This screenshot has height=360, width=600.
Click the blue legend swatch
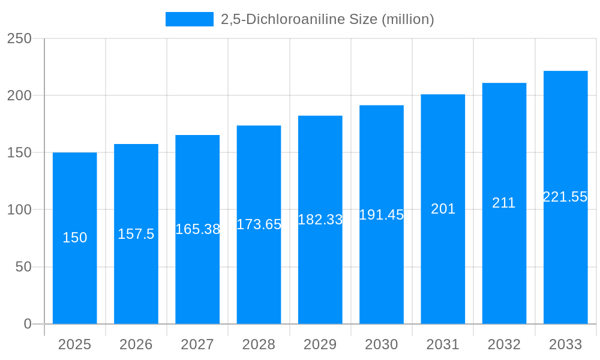[x=189, y=19]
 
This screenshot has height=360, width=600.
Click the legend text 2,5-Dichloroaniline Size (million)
[x=327, y=19]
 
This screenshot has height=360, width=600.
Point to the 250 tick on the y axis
[x=20, y=38]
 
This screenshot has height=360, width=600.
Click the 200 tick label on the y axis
[x=20, y=95]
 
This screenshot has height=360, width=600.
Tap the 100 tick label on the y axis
[x=20, y=210]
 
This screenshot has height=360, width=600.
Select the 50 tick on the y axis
[x=23, y=267]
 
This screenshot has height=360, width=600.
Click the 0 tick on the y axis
[x=28, y=324]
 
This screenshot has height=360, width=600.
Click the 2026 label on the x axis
[x=136, y=344]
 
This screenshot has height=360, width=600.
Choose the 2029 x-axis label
[x=320, y=344]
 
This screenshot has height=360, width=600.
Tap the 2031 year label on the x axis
[x=443, y=344]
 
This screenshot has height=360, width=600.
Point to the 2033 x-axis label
[x=565, y=344]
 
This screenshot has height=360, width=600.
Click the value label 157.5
[x=136, y=234]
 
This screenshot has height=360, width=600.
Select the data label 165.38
[x=197, y=229]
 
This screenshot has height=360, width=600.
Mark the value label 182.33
[x=320, y=220]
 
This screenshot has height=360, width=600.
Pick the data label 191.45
[x=382, y=215]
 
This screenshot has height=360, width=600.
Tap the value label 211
[x=504, y=203]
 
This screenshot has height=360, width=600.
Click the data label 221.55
[x=565, y=197]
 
